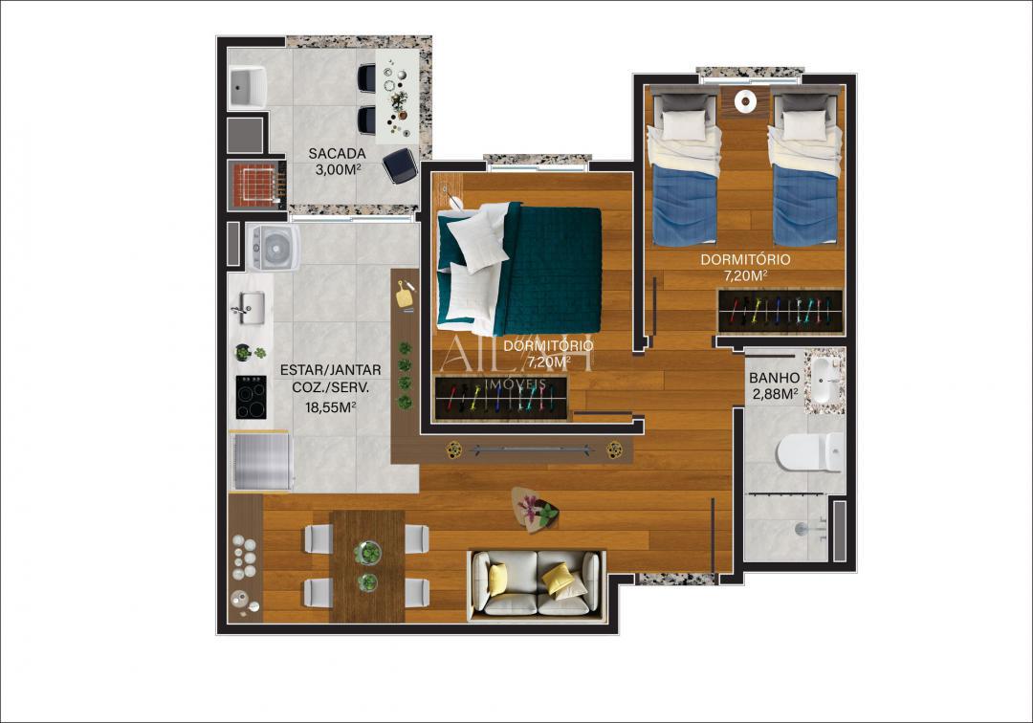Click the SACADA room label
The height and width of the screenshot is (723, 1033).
(337, 153)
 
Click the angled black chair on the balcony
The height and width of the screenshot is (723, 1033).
(399, 165)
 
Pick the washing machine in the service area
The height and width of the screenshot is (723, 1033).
(274, 247)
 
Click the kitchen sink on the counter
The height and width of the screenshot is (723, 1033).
(250, 307)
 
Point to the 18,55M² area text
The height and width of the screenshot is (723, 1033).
(330, 406)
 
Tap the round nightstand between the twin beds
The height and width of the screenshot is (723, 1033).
(745, 99)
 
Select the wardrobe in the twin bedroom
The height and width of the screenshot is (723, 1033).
(780, 312)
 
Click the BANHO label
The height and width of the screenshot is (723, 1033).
(774, 378)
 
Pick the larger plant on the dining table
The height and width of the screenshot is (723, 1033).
(367, 553)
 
